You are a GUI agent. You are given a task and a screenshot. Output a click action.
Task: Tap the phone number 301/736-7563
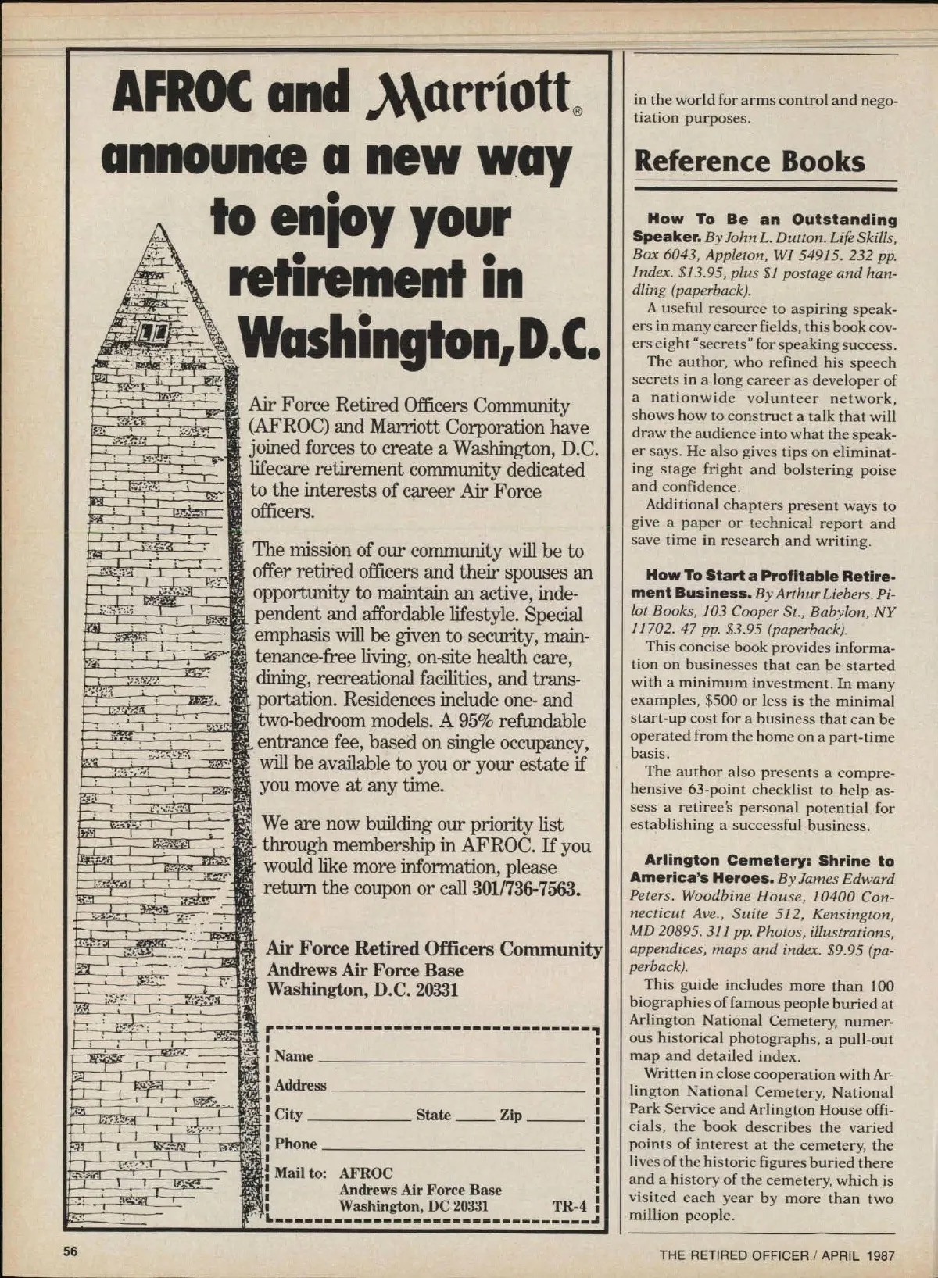pyautogui.click(x=527, y=889)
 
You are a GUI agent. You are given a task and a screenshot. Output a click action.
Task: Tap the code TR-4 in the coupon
pyautogui.click(x=569, y=1205)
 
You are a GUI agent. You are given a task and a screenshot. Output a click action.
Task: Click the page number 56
pyautogui.click(x=71, y=1251)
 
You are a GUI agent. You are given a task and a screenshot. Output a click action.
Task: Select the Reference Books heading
pyautogui.click(x=750, y=161)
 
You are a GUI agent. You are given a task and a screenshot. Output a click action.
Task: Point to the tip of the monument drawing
pyautogui.click(x=159, y=223)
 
